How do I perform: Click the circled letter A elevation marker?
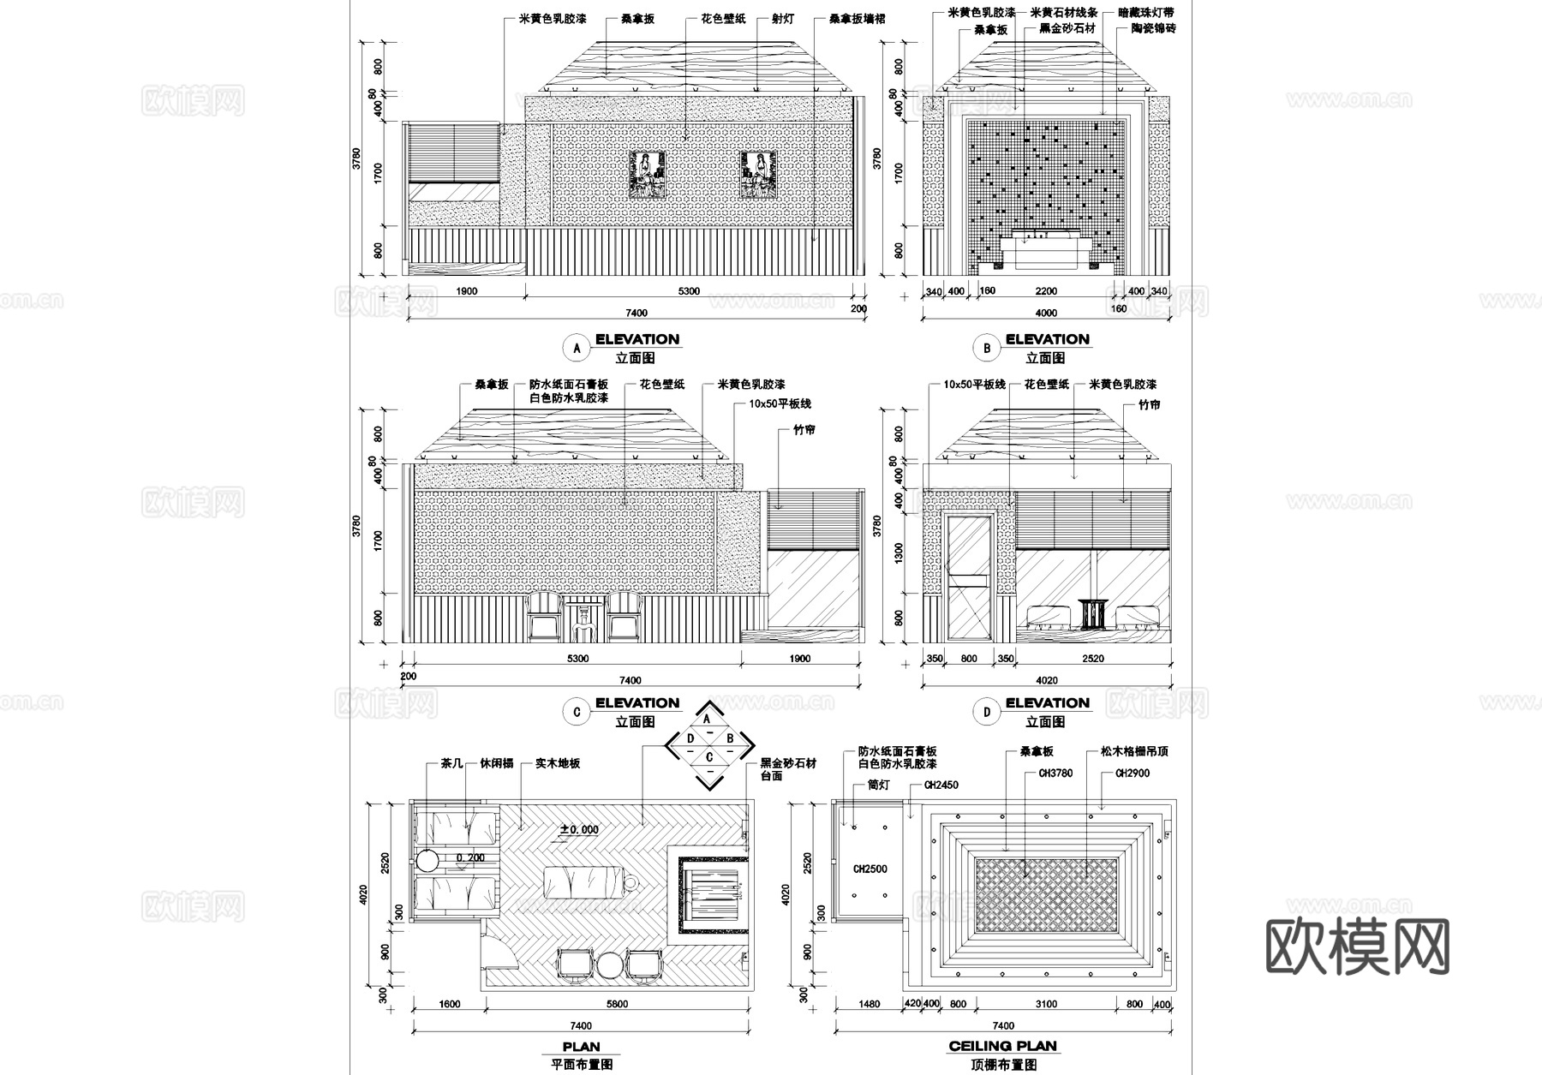[577, 348]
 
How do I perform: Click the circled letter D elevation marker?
[987, 712]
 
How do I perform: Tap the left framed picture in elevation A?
[648, 176]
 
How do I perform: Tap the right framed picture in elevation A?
[758, 176]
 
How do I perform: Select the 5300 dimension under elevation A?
[689, 291]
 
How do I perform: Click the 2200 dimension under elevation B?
[1046, 291]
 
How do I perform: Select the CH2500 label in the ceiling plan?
[870, 869]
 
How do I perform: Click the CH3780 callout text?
[1055, 773]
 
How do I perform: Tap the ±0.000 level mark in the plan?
[579, 829]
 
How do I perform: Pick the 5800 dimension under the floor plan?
[617, 1005]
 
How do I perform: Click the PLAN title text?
[581, 1047]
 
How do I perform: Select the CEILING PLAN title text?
[1002, 1047]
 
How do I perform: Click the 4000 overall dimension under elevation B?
[1046, 313]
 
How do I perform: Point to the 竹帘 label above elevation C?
[804, 429]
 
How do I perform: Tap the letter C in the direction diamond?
[709, 757]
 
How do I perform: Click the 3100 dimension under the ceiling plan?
[1046, 1005]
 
